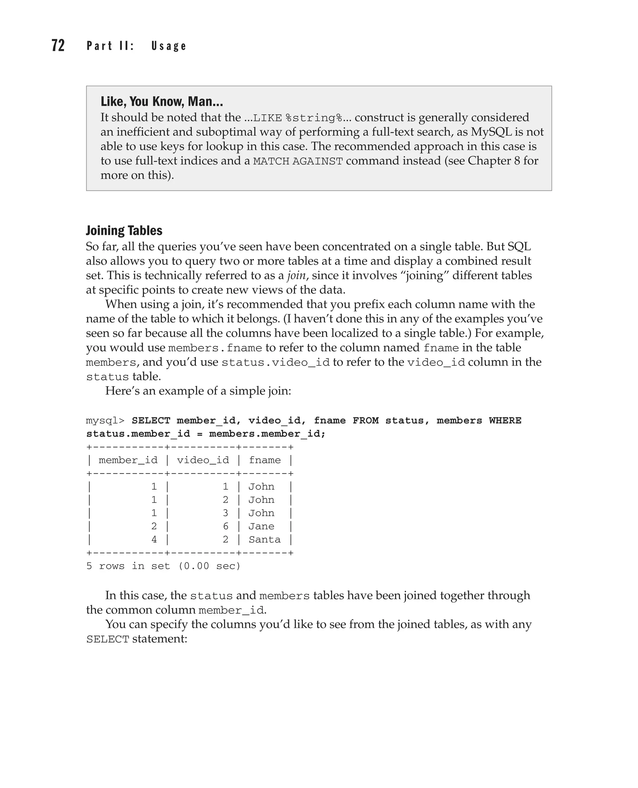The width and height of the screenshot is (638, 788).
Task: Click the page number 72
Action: coord(58,45)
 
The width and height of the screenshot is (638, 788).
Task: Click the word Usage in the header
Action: coord(169,46)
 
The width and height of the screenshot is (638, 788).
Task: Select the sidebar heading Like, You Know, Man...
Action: coord(162,101)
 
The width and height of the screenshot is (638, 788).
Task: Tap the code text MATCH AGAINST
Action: coord(298,161)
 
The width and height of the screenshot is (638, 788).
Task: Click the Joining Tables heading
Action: coord(124,231)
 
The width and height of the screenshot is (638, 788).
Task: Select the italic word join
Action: coord(296,275)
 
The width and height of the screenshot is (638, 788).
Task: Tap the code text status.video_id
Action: coord(276,363)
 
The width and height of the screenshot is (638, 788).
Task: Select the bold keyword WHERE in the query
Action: coord(505,420)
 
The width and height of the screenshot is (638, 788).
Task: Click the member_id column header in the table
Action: coord(128,460)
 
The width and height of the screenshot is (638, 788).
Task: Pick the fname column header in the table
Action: coord(264,460)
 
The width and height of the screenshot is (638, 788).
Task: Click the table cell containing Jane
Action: coord(261,526)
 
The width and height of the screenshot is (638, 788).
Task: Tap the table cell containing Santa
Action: coord(264,539)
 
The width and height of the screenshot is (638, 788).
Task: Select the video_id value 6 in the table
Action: coord(226,526)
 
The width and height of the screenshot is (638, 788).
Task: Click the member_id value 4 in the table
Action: coord(154,539)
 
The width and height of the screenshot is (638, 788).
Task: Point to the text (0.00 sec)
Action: coord(209,566)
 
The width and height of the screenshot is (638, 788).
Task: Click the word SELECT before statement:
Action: coord(108,639)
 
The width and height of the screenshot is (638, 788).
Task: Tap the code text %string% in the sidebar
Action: coord(313,118)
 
